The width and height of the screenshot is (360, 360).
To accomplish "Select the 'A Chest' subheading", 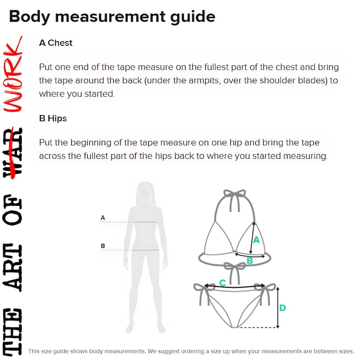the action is (56, 43).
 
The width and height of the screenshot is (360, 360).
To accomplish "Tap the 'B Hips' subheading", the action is (53, 118).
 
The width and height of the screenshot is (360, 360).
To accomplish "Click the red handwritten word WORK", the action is (13, 74).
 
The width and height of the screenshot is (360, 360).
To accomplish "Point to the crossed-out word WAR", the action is (13, 152).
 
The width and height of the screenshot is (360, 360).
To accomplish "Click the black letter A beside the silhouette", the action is (102, 218).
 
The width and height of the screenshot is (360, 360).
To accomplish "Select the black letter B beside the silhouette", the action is (103, 246).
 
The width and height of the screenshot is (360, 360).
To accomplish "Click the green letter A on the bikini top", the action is (256, 240).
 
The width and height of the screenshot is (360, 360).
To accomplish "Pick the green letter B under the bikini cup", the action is (249, 261).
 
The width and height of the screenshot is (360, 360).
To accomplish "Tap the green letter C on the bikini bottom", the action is (223, 282).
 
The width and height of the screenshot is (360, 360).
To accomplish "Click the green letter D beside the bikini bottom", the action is (282, 308).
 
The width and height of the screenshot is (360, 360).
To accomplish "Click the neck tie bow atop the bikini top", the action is (235, 195).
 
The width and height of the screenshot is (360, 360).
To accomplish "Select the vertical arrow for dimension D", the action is (278, 308).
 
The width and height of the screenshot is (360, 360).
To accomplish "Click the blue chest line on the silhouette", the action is (146, 222).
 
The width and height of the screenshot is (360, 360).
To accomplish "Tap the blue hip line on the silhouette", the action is (146, 250).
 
